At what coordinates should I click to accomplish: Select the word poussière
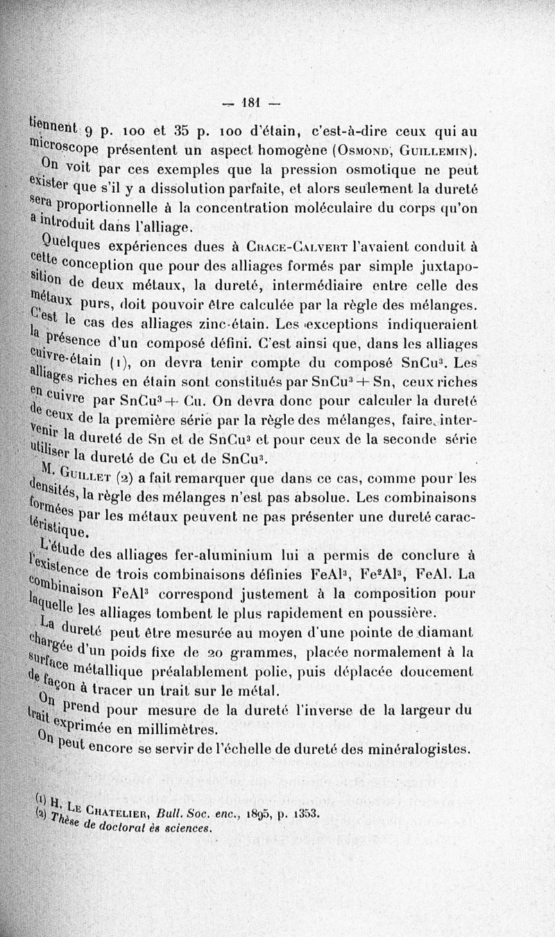402,612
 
